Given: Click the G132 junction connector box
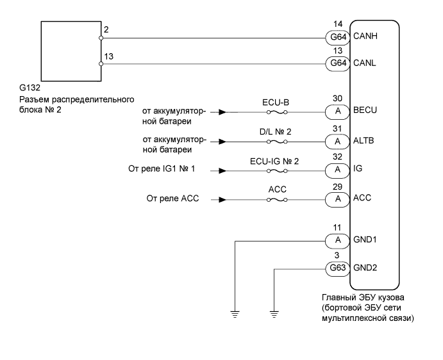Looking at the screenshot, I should (71, 50).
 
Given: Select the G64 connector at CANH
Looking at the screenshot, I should (337, 38).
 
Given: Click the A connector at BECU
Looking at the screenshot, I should (337, 110).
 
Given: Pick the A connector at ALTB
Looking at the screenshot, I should (337, 141).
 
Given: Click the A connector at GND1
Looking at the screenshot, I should (337, 240).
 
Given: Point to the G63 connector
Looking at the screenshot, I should (337, 268).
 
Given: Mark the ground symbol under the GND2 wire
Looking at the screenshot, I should (274, 313).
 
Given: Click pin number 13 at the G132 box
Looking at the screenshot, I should (110, 57).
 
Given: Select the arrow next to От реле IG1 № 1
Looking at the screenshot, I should (221, 171).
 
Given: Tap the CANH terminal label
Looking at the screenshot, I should (364, 38).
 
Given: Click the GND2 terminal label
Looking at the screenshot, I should (364, 268).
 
